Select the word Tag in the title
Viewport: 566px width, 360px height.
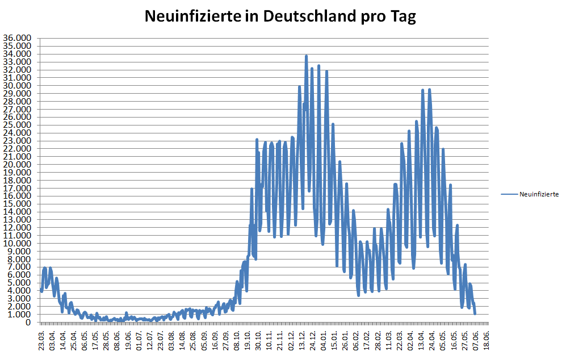(x=402, y=16)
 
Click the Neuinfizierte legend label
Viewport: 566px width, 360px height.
(x=539, y=194)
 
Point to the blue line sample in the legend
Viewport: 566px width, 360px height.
(x=509, y=194)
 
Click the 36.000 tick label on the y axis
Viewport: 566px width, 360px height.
(x=18, y=39)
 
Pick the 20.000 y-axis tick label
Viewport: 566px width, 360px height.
(x=18, y=165)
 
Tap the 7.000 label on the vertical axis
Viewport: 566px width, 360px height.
(x=20, y=267)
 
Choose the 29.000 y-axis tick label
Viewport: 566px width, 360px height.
(x=18, y=94)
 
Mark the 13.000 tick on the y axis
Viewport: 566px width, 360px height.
(x=18, y=220)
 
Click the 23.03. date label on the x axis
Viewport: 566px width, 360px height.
(x=41, y=341)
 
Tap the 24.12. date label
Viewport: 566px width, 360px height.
(x=313, y=341)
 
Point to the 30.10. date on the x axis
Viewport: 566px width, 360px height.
(x=258, y=341)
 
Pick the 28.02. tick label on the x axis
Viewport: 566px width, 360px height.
(x=378, y=341)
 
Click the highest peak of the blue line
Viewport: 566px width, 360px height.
(x=306, y=56)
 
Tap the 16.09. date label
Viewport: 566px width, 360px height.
(x=215, y=341)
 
